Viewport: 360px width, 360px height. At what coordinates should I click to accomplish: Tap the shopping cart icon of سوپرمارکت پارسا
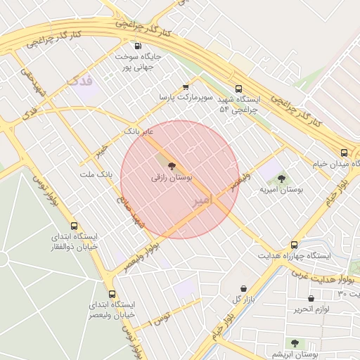click(x=186, y=87)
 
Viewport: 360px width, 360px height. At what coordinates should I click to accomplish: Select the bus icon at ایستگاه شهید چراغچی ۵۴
click(x=238, y=89)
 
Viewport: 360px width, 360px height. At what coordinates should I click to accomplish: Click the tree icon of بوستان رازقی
click(x=174, y=165)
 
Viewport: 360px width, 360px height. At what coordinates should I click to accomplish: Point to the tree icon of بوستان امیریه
click(x=281, y=179)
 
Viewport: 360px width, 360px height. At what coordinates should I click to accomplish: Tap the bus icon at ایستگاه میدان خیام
click(x=344, y=152)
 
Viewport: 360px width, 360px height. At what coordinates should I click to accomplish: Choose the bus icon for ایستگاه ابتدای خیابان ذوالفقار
click(x=76, y=226)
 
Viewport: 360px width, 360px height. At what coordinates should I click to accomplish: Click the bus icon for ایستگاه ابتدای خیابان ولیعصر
click(x=112, y=294)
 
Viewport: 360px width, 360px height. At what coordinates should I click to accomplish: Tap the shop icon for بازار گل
click(x=243, y=288)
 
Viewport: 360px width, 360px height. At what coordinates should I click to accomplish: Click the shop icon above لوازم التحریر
click(x=310, y=299)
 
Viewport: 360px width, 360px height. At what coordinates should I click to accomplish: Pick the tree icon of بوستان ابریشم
click(x=295, y=343)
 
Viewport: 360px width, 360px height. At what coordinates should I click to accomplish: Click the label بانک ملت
click(x=96, y=174)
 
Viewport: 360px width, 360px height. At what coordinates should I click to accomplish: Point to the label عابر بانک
click(x=138, y=131)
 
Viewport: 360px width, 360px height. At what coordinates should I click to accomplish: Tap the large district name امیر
click(x=200, y=200)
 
